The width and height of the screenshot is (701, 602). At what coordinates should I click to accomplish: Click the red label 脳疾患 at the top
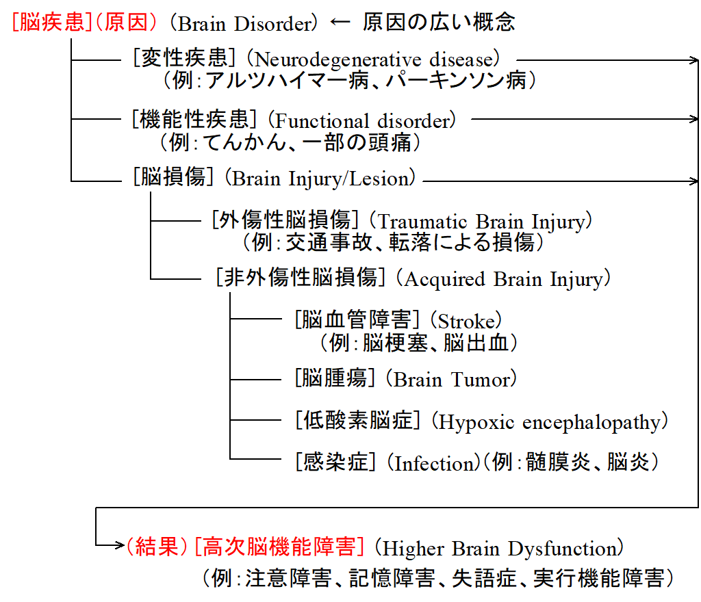coord(49,22)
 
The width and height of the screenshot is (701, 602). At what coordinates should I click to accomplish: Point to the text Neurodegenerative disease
coord(373,60)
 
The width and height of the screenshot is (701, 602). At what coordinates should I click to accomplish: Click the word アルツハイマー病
coord(287,81)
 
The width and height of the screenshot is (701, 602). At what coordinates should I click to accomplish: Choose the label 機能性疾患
coord(194,119)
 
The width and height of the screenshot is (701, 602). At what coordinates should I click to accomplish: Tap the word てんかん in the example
coord(244,142)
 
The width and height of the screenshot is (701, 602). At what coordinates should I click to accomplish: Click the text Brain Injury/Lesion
coord(320,179)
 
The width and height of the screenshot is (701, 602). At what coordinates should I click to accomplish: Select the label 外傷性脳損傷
coord(285,220)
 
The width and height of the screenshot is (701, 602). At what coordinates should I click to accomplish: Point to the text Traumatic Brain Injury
coord(481,222)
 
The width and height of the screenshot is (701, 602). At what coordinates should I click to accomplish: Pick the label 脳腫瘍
coord(334,378)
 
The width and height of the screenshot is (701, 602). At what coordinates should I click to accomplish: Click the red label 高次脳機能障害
coord(279,546)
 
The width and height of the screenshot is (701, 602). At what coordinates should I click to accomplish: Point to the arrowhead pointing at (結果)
coord(120,545)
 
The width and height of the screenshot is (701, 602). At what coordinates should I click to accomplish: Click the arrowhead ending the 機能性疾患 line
coord(694,119)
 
